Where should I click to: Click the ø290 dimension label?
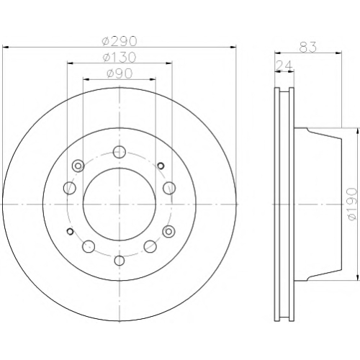click(x=120, y=41)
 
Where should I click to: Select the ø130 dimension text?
click(x=120, y=57)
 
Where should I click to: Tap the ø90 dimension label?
click(x=120, y=73)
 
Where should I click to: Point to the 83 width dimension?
click(x=308, y=47)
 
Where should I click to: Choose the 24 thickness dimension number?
click(x=284, y=65)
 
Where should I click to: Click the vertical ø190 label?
click(x=352, y=204)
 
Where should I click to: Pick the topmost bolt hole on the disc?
click(x=120, y=152)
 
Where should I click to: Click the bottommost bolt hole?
click(x=120, y=261)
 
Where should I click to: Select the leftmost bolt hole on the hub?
click(x=70, y=188)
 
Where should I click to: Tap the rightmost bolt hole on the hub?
click(x=169, y=188)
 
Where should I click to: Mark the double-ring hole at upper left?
click(x=78, y=166)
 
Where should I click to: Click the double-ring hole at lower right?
click(x=168, y=232)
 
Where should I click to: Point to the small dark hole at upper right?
click(x=161, y=166)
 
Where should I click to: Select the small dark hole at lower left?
click(x=71, y=231)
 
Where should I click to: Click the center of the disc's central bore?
click(x=120, y=204)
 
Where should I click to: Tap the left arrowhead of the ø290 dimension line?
click(x=5, y=47)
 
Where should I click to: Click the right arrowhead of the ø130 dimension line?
click(x=169, y=63)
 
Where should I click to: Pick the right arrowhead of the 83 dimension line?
click(x=338, y=53)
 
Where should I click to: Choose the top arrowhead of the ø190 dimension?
click(x=358, y=131)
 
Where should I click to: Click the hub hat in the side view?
click(x=318, y=204)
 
